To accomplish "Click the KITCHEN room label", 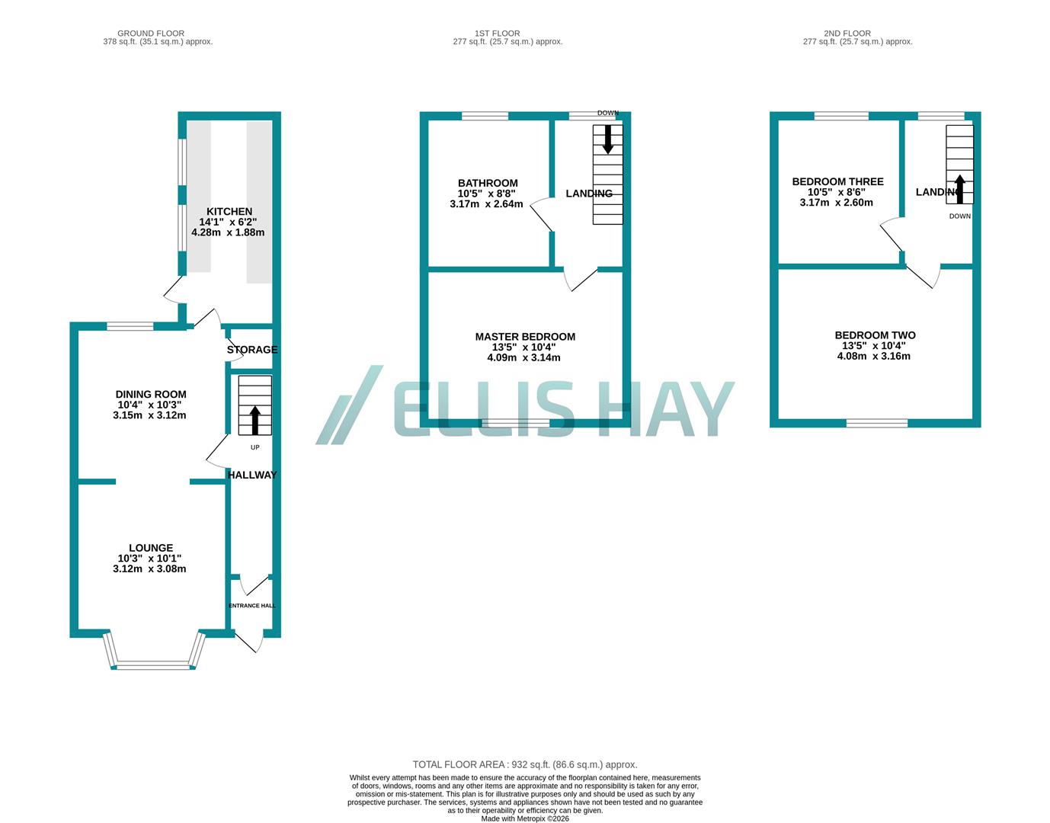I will click(229, 212).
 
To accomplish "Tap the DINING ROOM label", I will click(151, 395).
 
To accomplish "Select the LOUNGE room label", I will click(151, 548).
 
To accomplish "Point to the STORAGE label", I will click(252, 350).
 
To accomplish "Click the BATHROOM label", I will click(488, 183).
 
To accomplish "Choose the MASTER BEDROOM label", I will click(525, 337).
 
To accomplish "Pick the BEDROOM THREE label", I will click(837, 181).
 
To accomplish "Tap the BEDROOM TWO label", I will click(875, 335).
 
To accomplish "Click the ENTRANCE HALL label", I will click(252, 606).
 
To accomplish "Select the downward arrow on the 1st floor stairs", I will click(608, 139).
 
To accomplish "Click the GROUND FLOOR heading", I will click(151, 34).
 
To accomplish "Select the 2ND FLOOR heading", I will click(857, 34).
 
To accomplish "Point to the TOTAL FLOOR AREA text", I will click(525, 764).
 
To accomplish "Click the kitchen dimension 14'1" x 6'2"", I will click(229, 222).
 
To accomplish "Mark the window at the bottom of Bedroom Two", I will click(876, 423).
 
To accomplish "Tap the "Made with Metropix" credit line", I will click(525, 818).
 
